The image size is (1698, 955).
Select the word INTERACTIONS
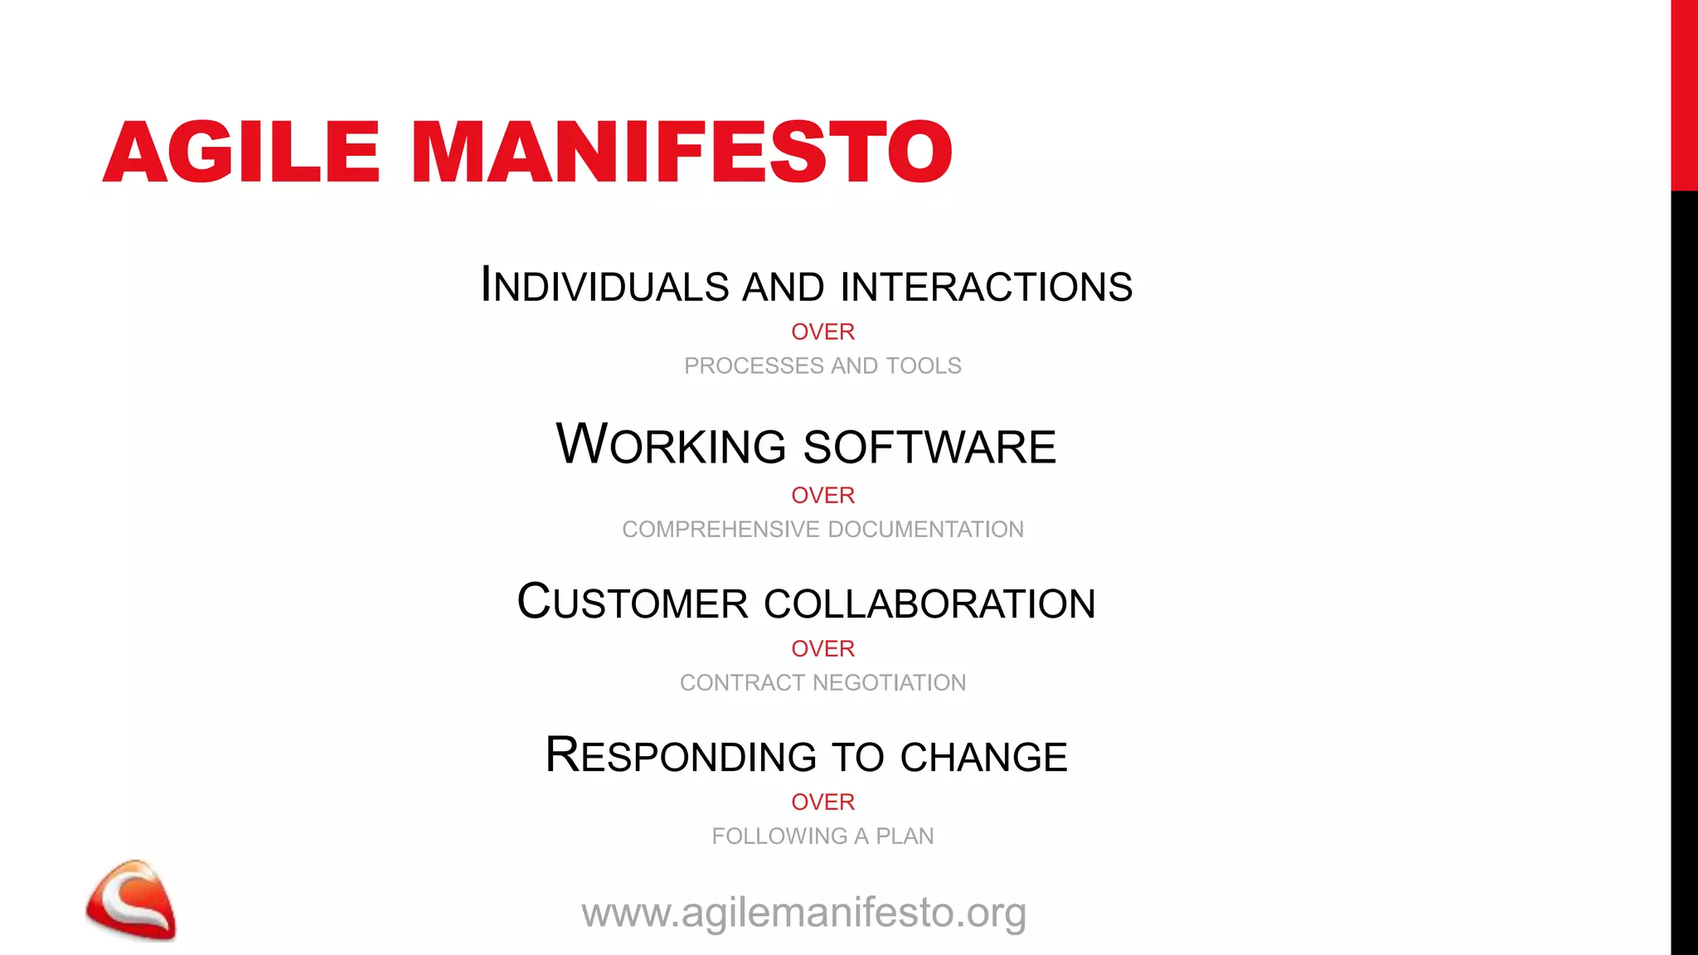pos(986,286)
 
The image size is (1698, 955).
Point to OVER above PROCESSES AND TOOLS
pos(822,332)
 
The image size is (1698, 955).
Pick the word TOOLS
pos(923,366)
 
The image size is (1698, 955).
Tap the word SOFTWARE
pos(929,447)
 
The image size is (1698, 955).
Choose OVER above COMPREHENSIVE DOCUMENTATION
pos(822,495)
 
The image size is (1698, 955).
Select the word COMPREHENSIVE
pos(720,529)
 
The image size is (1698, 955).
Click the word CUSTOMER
pos(633,603)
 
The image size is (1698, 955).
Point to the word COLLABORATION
pos(929,604)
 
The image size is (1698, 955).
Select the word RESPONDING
pos(681,756)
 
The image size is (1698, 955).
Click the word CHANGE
pos(983,757)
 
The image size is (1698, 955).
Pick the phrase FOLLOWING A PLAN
pos(822,836)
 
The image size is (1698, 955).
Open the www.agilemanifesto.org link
pos(804,913)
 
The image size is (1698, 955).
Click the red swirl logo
pos(131,900)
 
